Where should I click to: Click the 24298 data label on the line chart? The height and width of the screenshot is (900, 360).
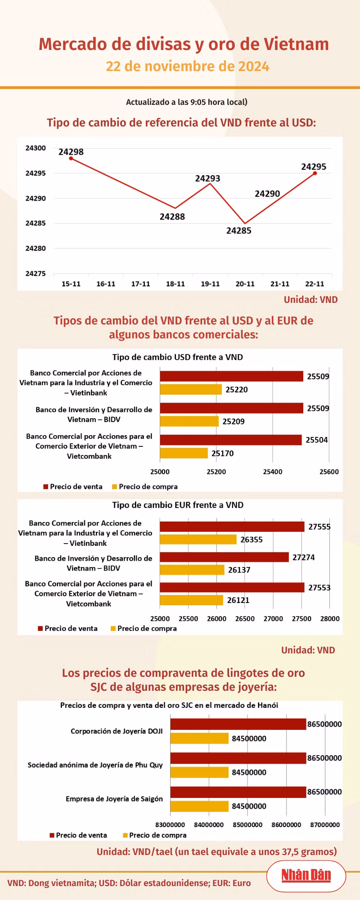click(71, 152)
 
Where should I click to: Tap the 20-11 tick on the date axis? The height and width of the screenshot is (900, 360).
click(245, 284)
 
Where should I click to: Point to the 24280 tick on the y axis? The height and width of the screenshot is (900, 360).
click(36, 248)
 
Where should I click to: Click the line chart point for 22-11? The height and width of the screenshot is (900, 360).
click(315, 173)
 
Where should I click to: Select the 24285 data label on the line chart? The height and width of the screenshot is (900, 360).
click(239, 231)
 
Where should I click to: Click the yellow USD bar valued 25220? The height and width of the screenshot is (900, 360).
click(191, 389)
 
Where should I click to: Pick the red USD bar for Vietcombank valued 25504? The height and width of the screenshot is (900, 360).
click(231, 440)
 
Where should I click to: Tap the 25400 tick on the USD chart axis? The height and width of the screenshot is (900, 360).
click(273, 472)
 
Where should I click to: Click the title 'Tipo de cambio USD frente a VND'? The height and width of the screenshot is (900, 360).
click(178, 357)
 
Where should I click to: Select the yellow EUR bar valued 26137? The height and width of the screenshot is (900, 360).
click(192, 570)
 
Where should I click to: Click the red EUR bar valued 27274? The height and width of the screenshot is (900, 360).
click(225, 557)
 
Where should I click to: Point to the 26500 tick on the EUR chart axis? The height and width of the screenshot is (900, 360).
click(245, 619)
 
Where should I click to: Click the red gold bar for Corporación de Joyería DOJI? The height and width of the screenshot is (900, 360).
click(238, 724)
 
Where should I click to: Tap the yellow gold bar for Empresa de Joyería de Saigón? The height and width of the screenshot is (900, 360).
click(199, 806)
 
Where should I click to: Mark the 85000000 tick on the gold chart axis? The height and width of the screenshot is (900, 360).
click(247, 825)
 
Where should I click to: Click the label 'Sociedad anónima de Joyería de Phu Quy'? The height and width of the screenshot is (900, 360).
click(95, 765)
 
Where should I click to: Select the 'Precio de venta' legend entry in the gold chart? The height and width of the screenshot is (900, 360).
click(78, 835)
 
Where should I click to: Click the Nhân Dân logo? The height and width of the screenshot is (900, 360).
click(306, 875)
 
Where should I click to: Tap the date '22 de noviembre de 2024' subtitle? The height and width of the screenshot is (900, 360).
click(187, 66)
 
